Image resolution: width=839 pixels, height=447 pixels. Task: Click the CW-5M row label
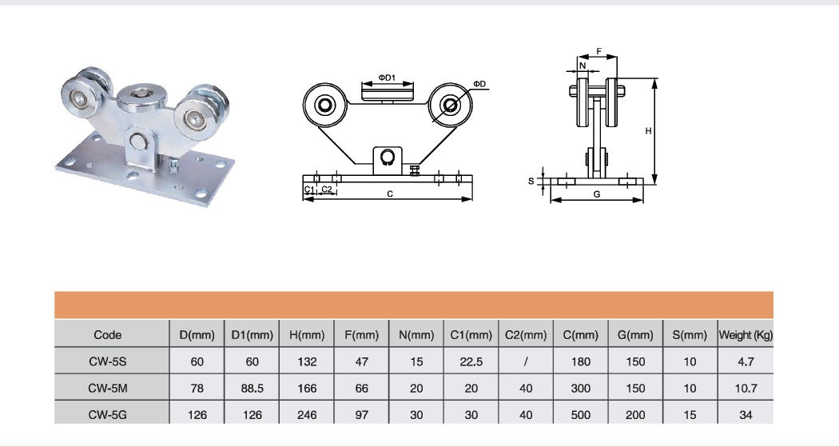108,388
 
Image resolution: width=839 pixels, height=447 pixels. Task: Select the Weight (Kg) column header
746,335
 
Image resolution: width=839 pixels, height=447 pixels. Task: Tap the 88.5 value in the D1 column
252,388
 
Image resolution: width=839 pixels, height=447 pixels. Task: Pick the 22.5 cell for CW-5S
471,362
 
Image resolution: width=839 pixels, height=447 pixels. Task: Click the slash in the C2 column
526,362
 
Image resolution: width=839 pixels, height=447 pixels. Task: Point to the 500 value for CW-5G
581,415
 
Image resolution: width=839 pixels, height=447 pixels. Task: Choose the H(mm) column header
307,335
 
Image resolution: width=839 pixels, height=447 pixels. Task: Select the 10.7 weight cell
746,388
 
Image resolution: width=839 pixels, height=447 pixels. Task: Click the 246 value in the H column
307,415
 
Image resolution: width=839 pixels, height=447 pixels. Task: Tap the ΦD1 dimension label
387,78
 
